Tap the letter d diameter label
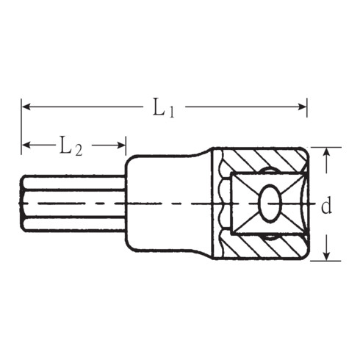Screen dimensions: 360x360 [x=327, y=206]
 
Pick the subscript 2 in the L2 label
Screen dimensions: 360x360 [x=78, y=151]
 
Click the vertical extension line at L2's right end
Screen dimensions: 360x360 [x=126, y=147]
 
